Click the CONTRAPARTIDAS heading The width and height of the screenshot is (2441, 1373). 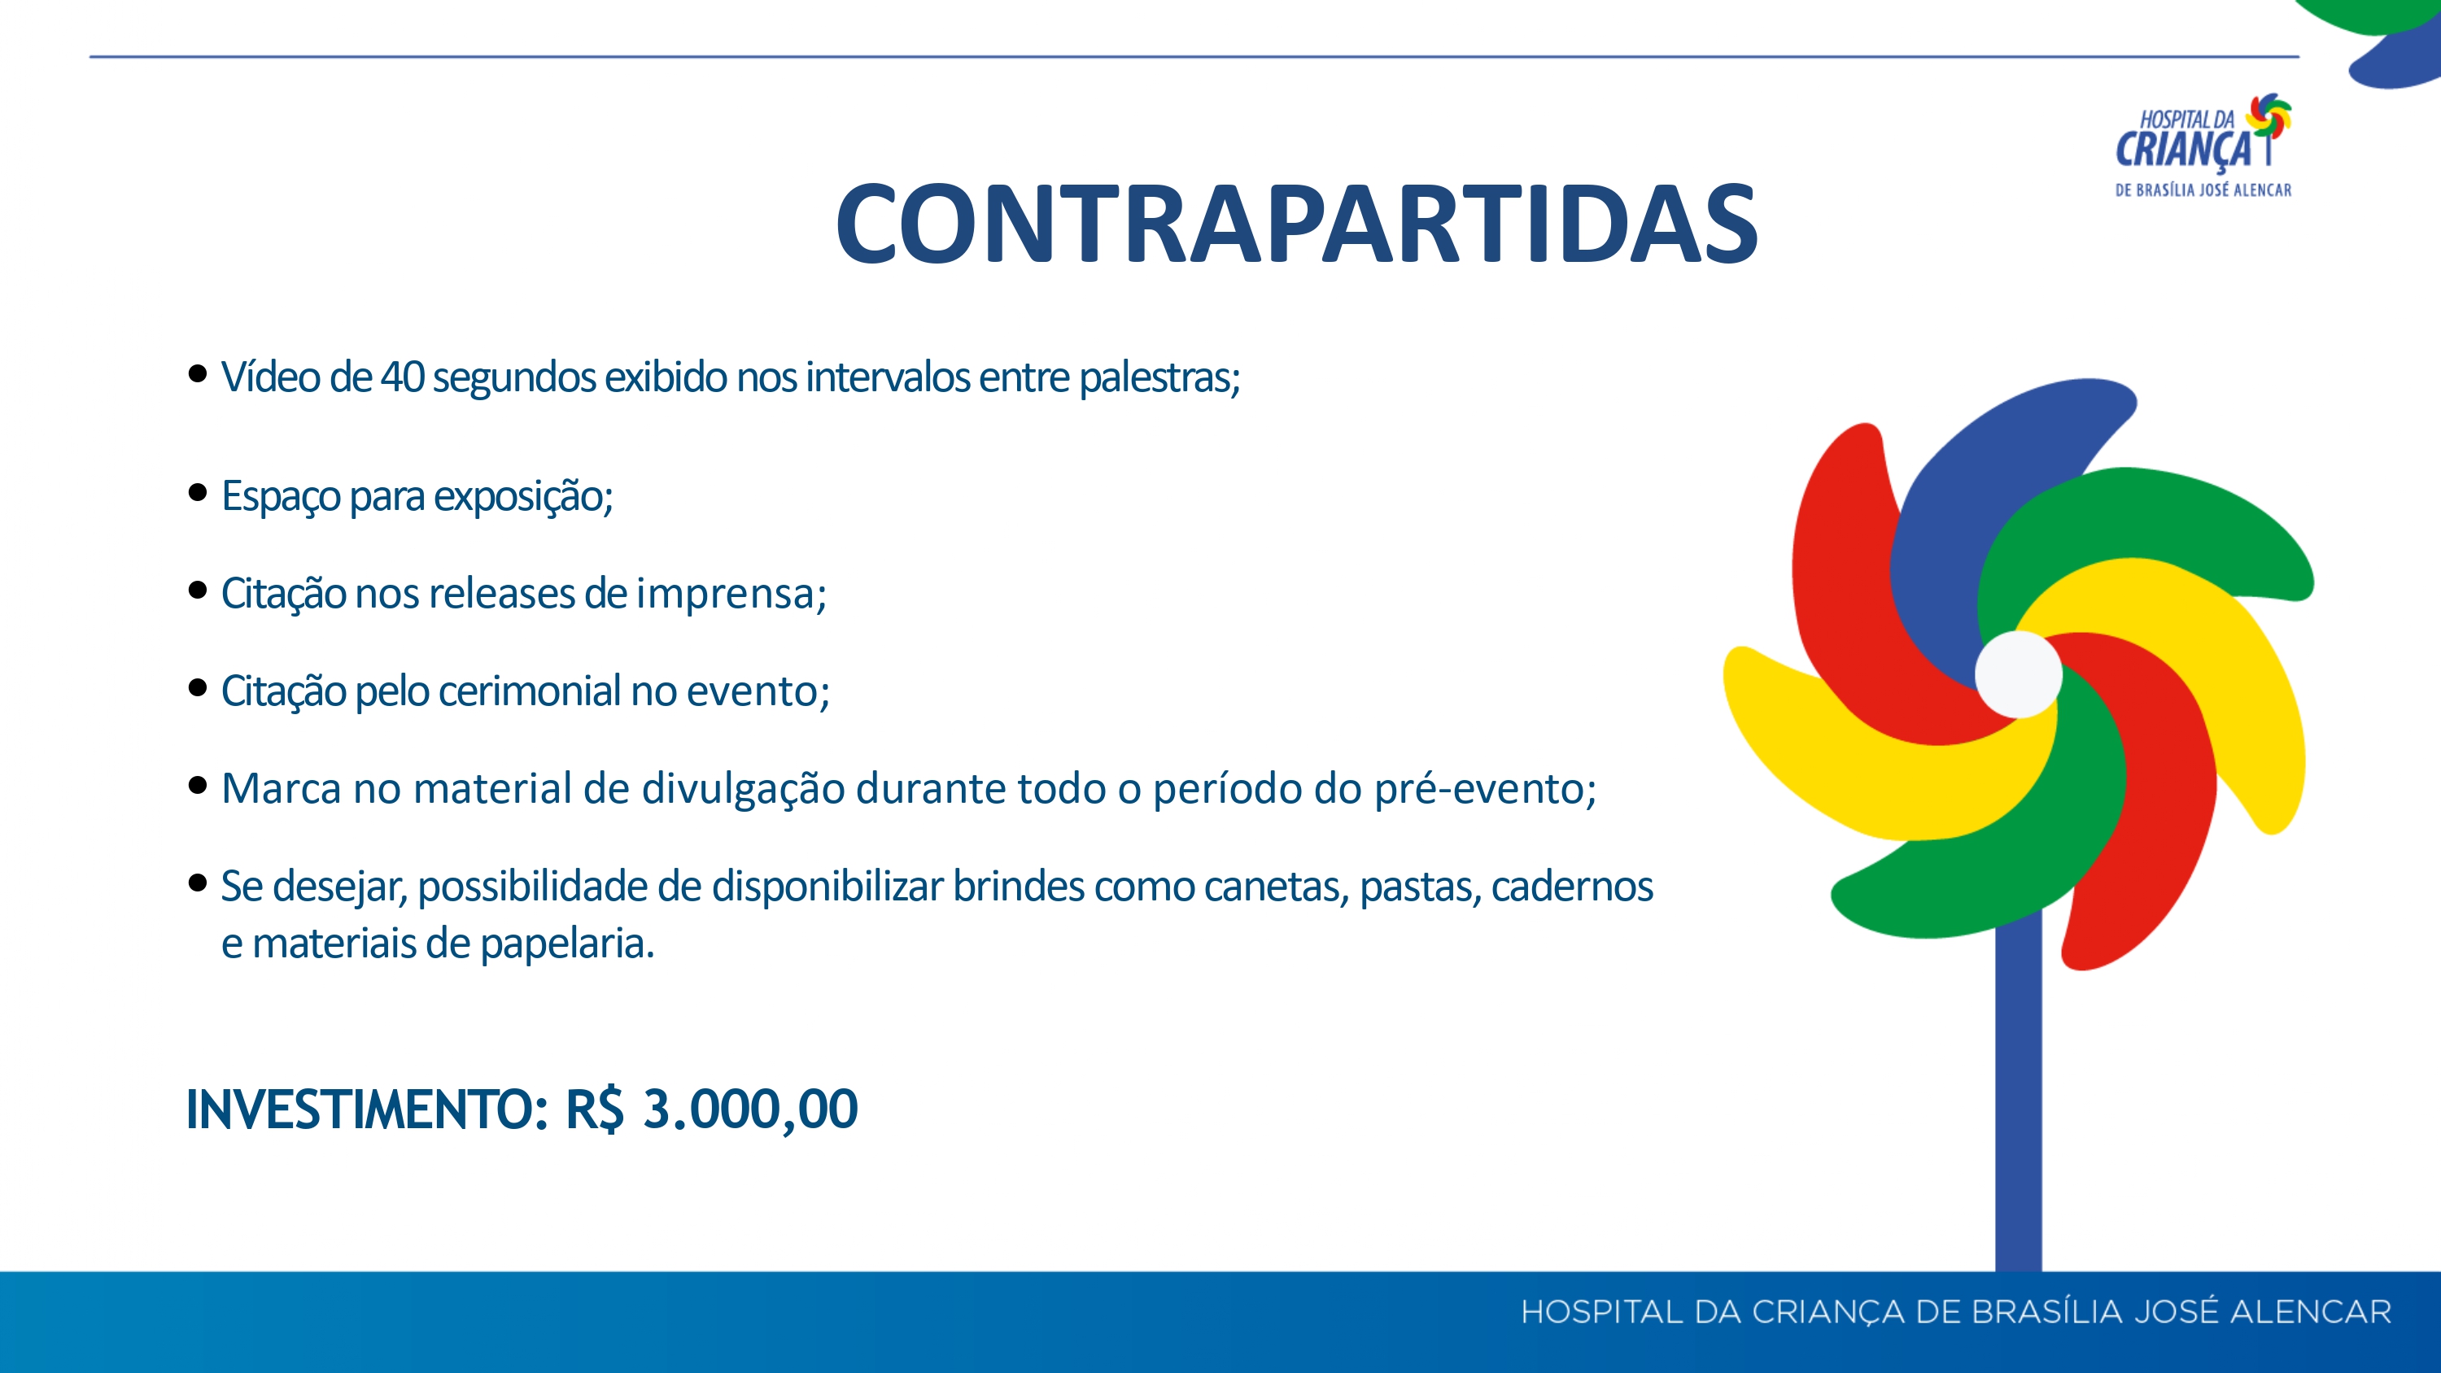point(1296,224)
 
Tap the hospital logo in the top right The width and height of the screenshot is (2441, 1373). point(2204,145)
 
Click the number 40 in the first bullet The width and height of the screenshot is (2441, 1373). point(402,377)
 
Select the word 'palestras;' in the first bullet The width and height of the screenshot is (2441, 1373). point(1159,378)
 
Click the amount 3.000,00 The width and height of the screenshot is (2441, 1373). point(750,1109)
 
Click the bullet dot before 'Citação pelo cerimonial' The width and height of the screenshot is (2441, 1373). point(198,687)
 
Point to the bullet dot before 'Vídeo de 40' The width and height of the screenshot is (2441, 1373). point(198,373)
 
